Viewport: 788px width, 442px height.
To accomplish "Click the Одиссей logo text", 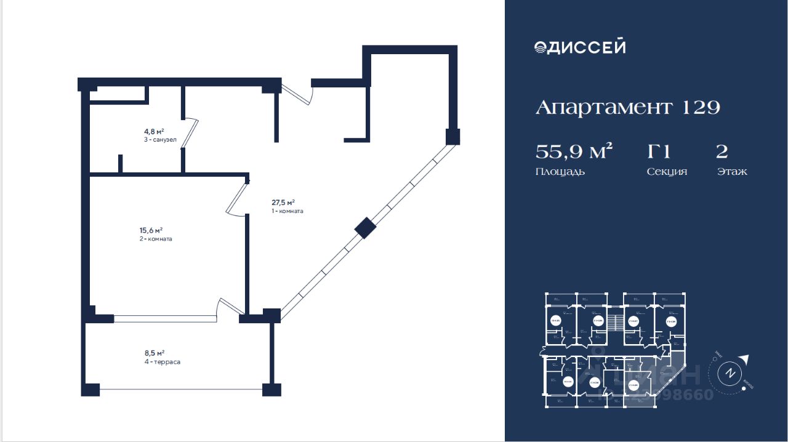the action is tap(580, 47).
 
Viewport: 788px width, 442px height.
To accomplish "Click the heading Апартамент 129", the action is tap(627, 108).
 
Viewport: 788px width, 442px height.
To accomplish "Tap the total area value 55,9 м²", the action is tap(574, 151).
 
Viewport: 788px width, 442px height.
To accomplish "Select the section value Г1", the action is tap(658, 151).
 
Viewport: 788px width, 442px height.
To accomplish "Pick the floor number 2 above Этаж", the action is tap(722, 151).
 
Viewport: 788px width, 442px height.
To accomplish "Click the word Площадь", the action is tap(560, 172).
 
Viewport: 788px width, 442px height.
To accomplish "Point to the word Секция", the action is tap(667, 172).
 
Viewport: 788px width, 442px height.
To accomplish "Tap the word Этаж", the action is tap(732, 172).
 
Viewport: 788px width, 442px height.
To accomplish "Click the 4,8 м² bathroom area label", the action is tap(154, 131).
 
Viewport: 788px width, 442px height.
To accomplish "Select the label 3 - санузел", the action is tap(160, 140).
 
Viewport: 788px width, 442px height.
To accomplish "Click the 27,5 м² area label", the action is tap(283, 202).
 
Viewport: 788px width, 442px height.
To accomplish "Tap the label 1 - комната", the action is tap(287, 211).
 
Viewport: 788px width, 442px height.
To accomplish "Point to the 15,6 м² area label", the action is tap(151, 230).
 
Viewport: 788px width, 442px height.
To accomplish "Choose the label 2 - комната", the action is tap(155, 239).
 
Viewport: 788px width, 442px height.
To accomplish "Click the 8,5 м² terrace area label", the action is tap(154, 353).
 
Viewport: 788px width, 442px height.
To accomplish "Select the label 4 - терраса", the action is tap(162, 362).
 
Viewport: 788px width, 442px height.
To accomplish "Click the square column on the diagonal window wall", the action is tap(364, 228).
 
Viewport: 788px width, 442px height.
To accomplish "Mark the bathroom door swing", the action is tap(191, 133).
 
